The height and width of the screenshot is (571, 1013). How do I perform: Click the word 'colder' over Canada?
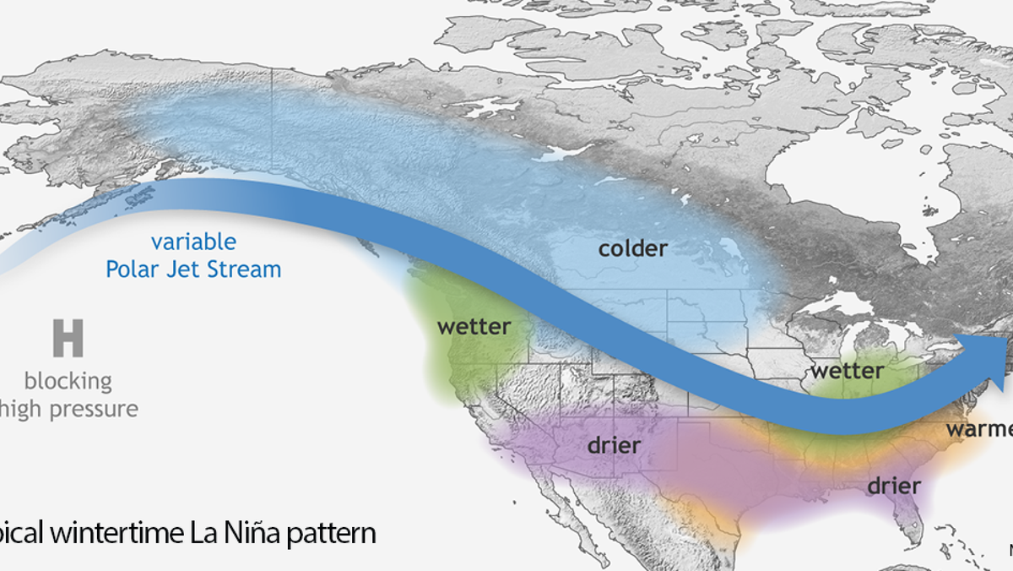coord(632,249)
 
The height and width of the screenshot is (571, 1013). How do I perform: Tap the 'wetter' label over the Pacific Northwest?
coord(474,327)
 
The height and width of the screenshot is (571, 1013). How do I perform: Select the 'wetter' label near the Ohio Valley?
coord(847,371)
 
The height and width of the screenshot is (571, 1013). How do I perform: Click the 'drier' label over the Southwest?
coord(615,444)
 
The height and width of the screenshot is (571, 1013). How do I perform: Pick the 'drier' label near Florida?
coord(894,487)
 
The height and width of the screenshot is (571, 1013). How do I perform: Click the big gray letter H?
coord(68,338)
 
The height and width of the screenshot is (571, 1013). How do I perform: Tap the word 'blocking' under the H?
coord(68,380)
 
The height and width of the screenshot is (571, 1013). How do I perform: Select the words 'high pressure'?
coord(69,410)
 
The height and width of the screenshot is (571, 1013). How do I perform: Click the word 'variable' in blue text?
coord(193,242)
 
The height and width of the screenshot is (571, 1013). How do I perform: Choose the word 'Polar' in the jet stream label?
coord(136,270)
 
